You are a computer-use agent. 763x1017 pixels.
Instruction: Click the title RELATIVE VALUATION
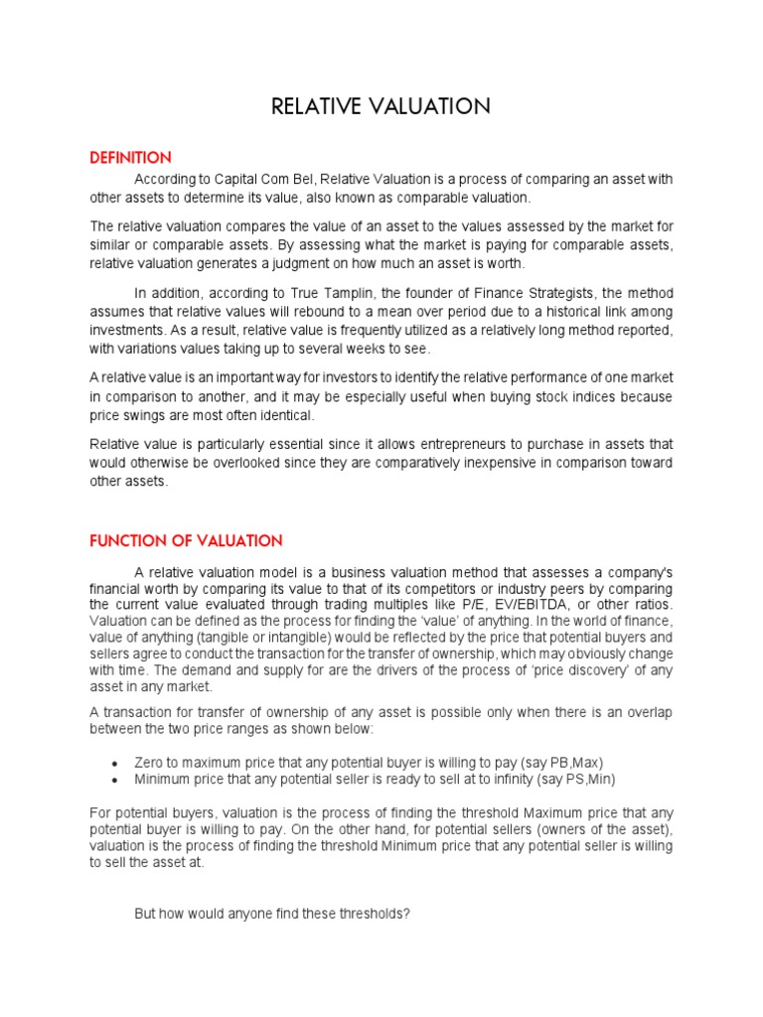(381, 107)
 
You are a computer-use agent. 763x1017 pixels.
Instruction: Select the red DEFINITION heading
(130, 158)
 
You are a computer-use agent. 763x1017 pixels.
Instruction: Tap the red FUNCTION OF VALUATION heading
(186, 541)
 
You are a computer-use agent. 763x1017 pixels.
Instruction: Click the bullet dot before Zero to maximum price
(117, 763)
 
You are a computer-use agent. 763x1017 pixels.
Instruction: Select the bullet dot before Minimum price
(117, 779)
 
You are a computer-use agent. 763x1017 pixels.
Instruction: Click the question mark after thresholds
(406, 914)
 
